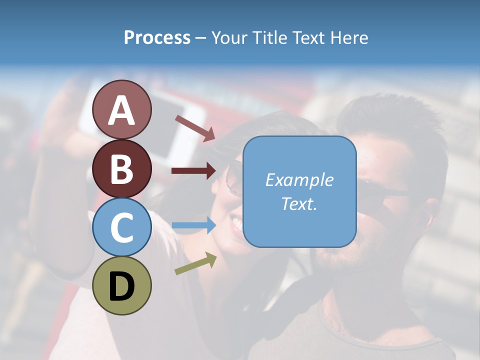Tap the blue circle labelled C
pos(122,227)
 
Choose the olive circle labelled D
pos(122,285)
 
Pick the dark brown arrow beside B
pos(193,171)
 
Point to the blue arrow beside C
pos(193,225)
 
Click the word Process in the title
pos(157,38)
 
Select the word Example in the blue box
pos(299,180)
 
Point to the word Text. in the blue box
pos(299,203)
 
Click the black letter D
pos(122,286)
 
